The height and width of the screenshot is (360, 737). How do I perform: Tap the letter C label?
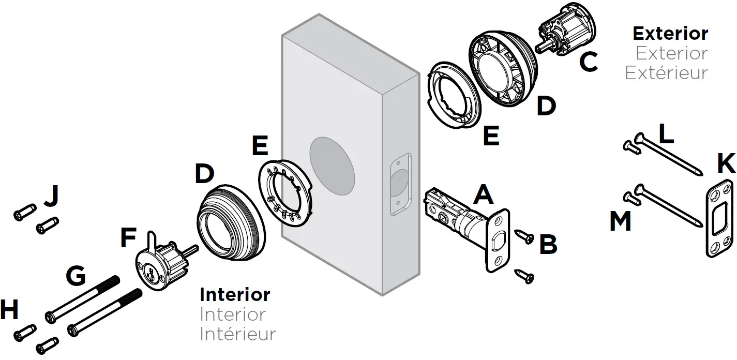(x=588, y=63)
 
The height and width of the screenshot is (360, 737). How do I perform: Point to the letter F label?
(x=127, y=239)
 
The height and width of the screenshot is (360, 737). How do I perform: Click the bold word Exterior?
(x=670, y=34)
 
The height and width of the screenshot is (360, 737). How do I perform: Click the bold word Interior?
(x=235, y=295)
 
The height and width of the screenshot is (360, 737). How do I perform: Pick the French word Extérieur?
(x=666, y=73)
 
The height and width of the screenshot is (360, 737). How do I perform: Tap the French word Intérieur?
(x=238, y=334)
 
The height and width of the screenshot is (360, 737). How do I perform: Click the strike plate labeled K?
(x=719, y=217)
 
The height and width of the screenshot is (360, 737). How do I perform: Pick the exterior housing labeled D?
(x=505, y=69)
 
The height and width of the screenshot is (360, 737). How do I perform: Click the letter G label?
(x=76, y=277)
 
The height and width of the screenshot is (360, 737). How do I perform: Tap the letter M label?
(x=621, y=221)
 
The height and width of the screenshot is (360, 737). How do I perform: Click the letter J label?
(x=51, y=197)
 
